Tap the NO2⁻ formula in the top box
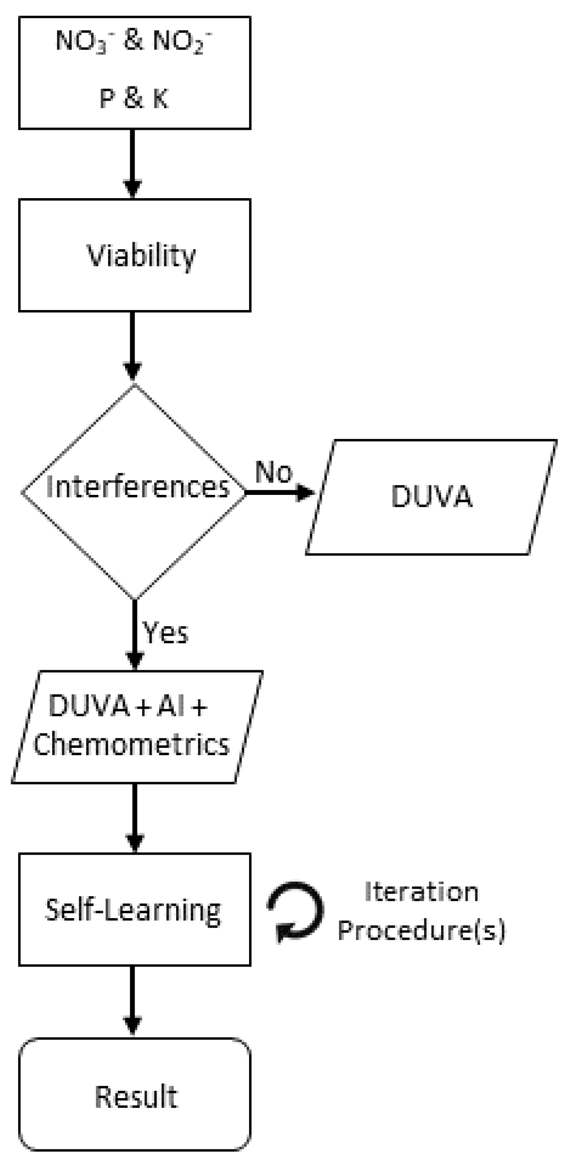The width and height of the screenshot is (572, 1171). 182,42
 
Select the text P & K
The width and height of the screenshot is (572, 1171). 134,98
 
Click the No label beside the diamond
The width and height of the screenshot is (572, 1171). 273,472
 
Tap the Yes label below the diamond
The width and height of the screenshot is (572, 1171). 165,633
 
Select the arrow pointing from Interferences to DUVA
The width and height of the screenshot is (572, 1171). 280,492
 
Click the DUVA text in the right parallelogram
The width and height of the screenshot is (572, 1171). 431,497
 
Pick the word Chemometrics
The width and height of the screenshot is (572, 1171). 131,746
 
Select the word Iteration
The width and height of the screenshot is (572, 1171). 421,892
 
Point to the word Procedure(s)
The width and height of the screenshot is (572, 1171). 421,930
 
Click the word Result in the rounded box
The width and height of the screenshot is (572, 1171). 136,1096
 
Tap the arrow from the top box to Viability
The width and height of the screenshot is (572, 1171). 132,164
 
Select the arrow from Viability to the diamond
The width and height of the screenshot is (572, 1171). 132,347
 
